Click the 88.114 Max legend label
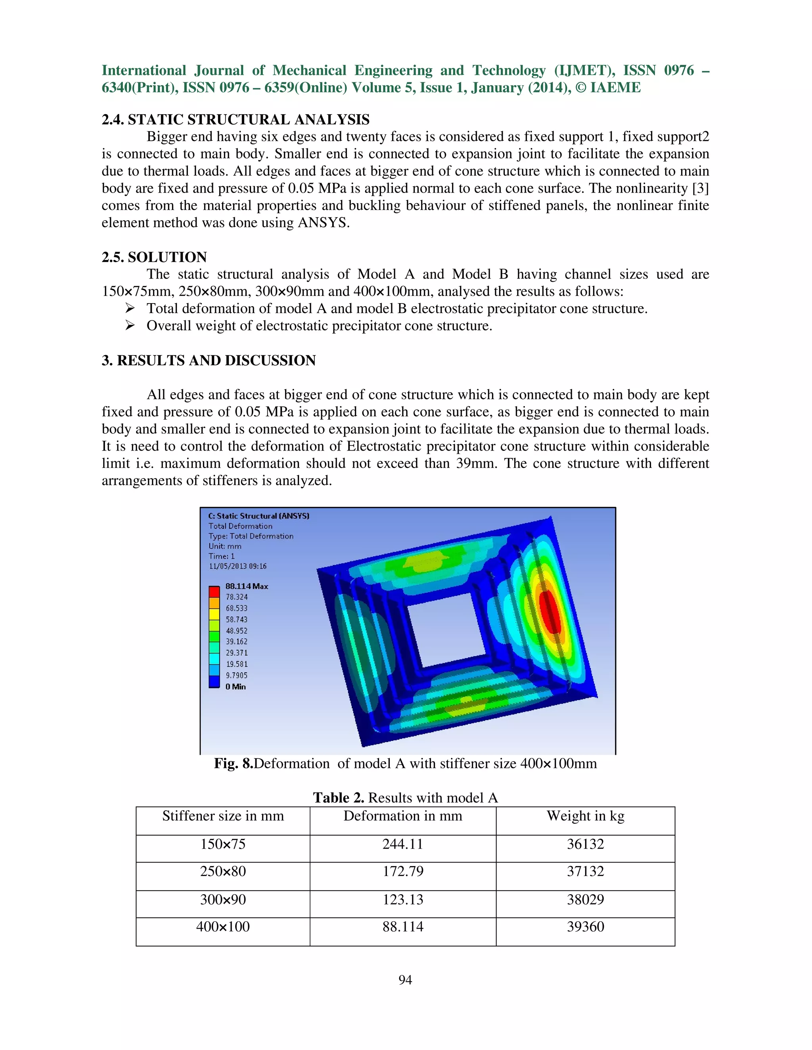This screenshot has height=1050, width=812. [246, 586]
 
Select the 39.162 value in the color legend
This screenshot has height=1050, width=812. [236, 641]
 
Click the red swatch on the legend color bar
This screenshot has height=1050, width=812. [214, 591]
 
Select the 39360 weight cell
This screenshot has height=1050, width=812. [585, 926]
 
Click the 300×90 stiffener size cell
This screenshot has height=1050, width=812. [223, 899]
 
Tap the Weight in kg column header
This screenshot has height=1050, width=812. [585, 816]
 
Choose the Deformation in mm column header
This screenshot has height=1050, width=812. [403, 816]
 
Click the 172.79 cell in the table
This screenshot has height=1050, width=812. [403, 871]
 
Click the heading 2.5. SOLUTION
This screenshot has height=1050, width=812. [154, 257]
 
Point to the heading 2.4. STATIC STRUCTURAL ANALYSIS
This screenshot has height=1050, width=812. [235, 120]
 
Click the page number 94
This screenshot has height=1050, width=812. [405, 980]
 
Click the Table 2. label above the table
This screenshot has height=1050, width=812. [338, 798]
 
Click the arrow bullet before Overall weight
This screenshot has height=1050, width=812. [129, 325]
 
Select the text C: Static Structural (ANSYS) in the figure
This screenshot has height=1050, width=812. [259, 516]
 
